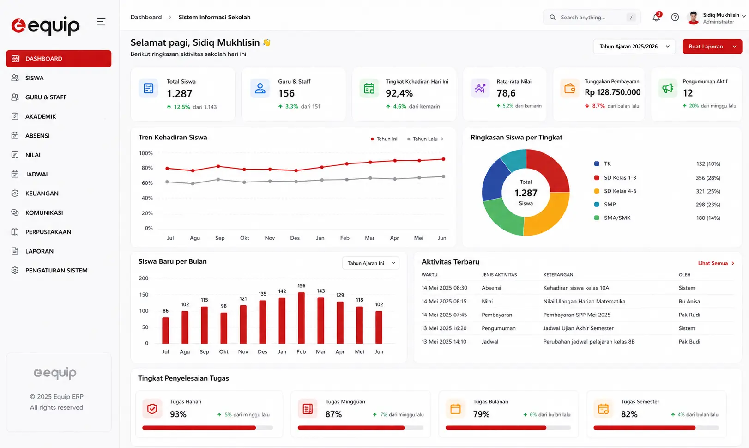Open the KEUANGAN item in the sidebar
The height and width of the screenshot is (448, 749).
(x=42, y=193)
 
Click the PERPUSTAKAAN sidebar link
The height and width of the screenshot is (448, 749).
(x=48, y=232)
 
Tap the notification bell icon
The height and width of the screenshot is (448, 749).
(x=656, y=18)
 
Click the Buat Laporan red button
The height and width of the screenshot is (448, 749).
(x=712, y=47)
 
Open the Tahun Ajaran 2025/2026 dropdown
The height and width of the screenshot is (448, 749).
(x=634, y=47)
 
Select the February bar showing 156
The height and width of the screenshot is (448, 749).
(x=301, y=318)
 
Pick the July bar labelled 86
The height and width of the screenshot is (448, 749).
(x=165, y=330)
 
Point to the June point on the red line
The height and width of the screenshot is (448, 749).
(x=443, y=159)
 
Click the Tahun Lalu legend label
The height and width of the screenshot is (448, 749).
(x=425, y=139)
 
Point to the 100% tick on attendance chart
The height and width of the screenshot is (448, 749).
(x=146, y=153)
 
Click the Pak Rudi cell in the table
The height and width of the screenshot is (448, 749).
(x=689, y=315)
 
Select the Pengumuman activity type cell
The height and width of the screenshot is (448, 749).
(x=499, y=328)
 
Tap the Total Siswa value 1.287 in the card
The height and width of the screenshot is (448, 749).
(x=180, y=94)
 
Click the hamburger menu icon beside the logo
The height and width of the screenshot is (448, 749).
(x=101, y=22)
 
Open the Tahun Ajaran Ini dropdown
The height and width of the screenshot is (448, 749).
(x=370, y=263)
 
